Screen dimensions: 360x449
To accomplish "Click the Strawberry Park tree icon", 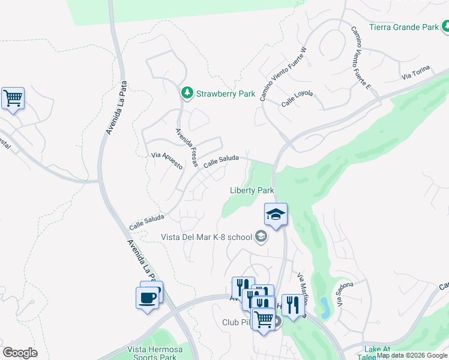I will coord(187,93).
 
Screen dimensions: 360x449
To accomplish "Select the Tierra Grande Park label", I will coord(403,27).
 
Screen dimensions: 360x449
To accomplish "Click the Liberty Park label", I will coord(252,190).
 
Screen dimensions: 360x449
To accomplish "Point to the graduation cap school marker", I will coord(276,215).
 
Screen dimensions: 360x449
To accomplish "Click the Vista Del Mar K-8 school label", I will coord(206,237).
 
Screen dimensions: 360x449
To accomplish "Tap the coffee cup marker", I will coord(148,297).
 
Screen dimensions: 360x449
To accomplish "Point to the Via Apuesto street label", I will coord(167,160).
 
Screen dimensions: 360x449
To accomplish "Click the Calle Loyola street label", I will coord(297,98).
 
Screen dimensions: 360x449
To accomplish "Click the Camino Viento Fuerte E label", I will coord(361,58).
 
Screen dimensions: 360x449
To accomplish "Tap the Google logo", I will coord(20,353).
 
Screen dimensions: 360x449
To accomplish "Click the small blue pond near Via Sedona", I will coord(325,307).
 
